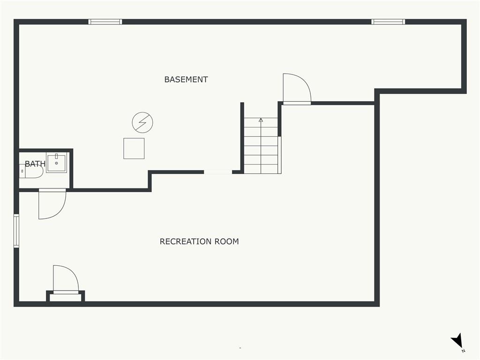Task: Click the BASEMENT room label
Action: point(186,80)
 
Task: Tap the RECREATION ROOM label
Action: point(199,241)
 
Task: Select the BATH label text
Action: point(35,164)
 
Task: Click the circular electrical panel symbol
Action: point(142,122)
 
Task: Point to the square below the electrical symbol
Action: point(134,149)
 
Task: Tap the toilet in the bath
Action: point(31,171)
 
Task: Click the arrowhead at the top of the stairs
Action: point(261,120)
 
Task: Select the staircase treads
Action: point(261,146)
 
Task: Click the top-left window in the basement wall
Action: point(105,22)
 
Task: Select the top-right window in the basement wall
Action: point(388,22)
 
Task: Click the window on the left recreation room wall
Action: point(16,231)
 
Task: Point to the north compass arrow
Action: point(457,340)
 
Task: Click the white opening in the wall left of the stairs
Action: point(218,172)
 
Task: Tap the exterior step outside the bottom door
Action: point(66,298)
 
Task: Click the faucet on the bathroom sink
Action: point(57,156)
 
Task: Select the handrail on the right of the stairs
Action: point(279,155)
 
